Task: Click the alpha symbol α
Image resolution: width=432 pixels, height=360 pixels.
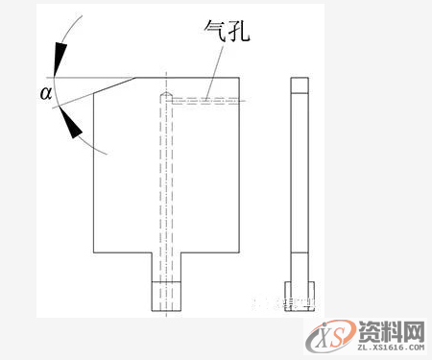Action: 45,93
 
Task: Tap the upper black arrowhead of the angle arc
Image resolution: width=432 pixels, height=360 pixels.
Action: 60,60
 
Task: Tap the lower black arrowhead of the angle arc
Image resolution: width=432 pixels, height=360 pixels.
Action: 68,123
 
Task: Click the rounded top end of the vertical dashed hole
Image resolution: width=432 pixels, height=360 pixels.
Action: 165,96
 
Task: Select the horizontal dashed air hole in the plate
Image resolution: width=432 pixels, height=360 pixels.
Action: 206,98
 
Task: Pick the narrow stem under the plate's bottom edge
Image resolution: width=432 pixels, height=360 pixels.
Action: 165,266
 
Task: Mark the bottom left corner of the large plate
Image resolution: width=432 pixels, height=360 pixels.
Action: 93,253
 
